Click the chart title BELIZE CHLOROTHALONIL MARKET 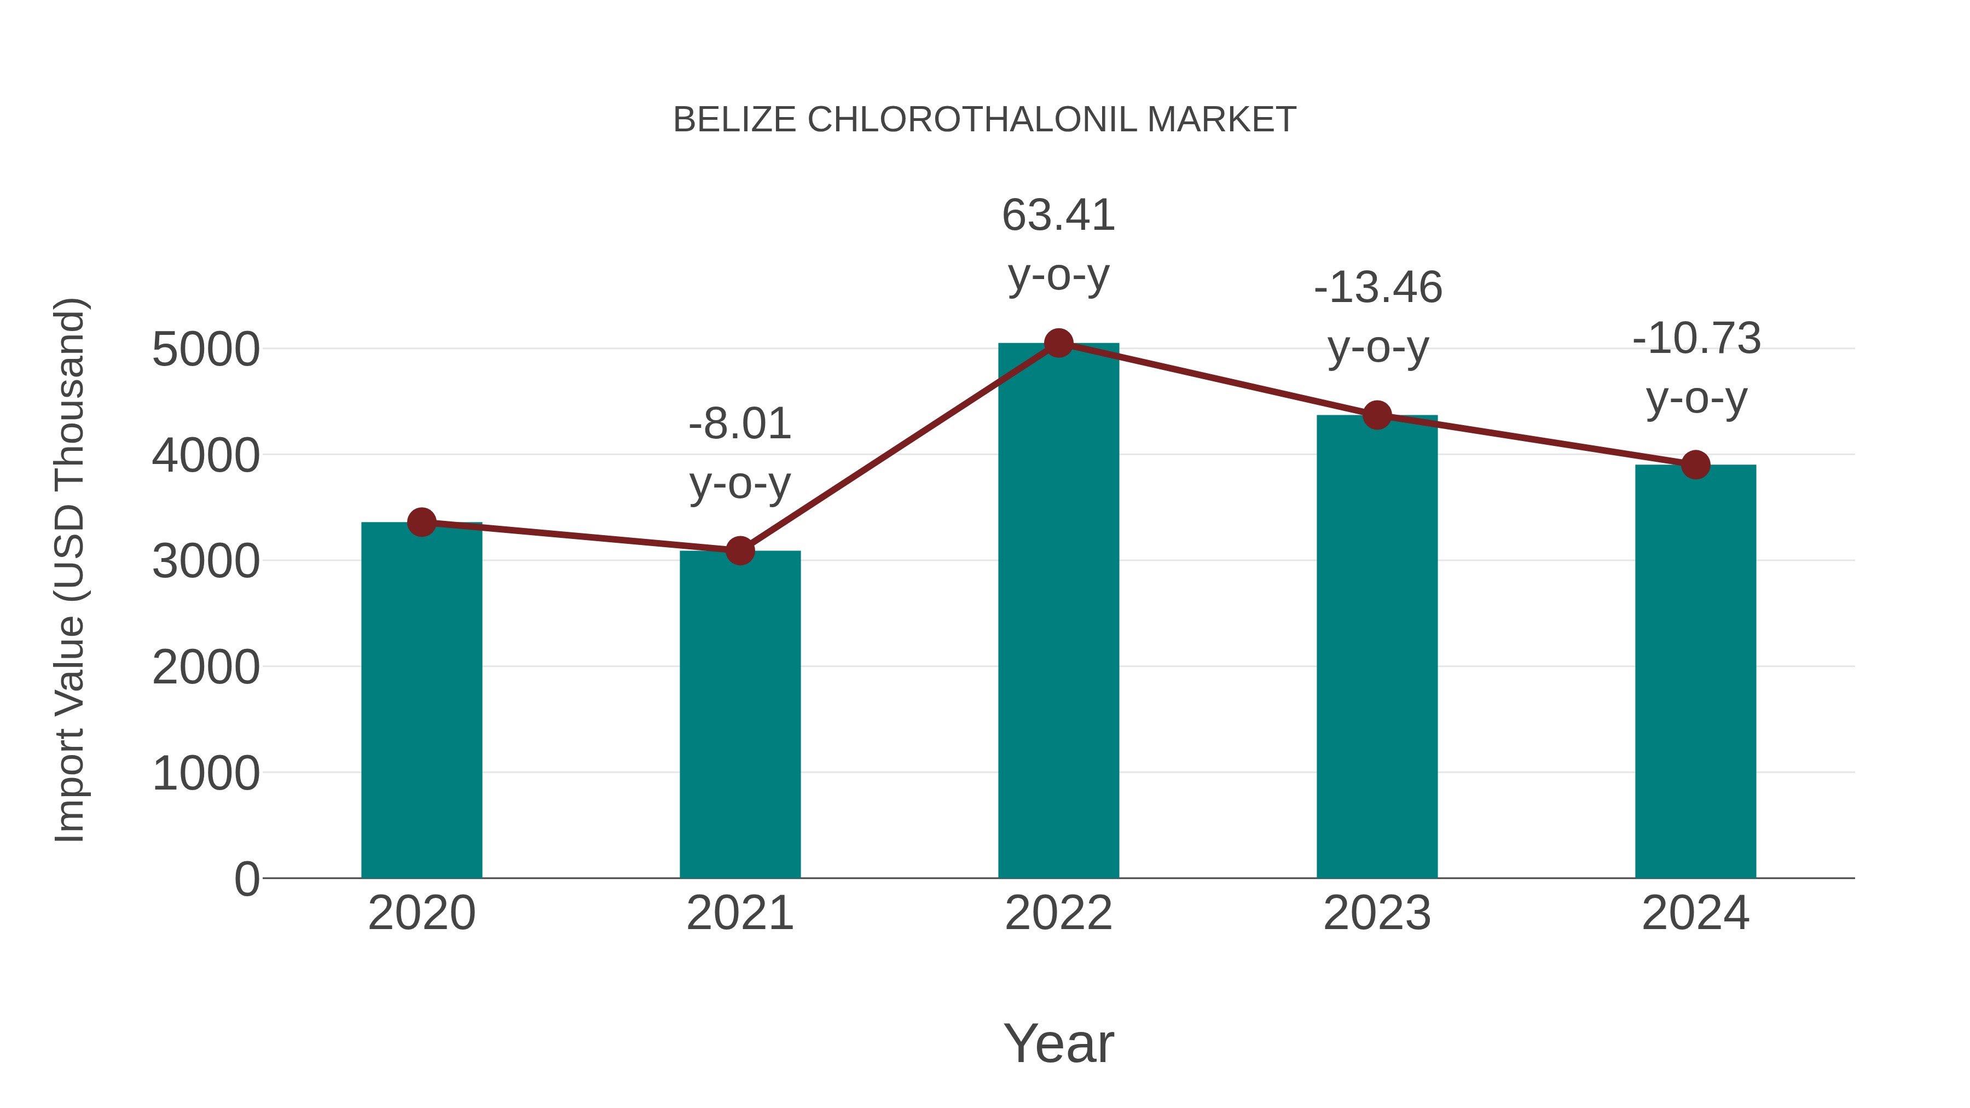click(984, 120)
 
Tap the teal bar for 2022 click(1058, 612)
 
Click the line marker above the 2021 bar click(739, 550)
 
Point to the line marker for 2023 click(1377, 415)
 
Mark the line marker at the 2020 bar click(421, 523)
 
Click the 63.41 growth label click(1058, 215)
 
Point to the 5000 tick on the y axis click(206, 350)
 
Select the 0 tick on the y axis click(247, 879)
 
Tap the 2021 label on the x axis click(739, 913)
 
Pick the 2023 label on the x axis click(1377, 913)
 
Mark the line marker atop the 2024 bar click(1695, 464)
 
